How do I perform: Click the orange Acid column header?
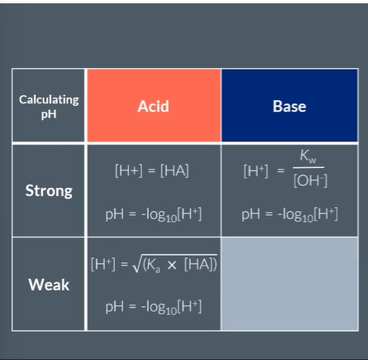click(x=153, y=106)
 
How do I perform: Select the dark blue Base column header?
click(x=289, y=106)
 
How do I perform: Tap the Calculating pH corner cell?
click(x=49, y=106)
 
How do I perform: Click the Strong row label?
click(x=49, y=190)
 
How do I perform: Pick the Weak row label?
click(x=49, y=284)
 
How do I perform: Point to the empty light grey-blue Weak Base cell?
click(x=289, y=284)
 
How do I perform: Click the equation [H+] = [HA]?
click(x=152, y=170)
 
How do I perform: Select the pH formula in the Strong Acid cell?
click(x=153, y=214)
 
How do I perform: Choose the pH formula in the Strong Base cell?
click(x=289, y=214)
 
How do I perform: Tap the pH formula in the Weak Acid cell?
click(x=153, y=306)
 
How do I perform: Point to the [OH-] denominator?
click(x=310, y=180)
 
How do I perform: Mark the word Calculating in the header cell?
click(x=49, y=99)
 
